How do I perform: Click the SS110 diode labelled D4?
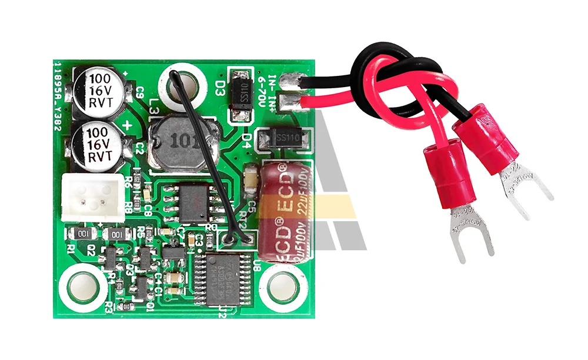(x=285, y=138)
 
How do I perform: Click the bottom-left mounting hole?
(x=83, y=286)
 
